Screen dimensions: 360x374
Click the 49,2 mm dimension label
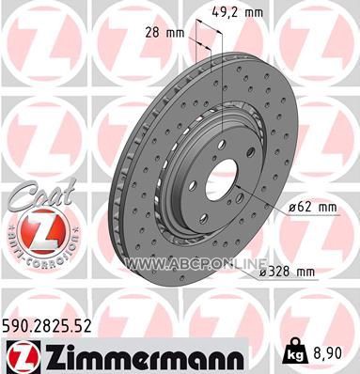[x=237, y=12]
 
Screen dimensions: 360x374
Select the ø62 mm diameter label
[x=313, y=207]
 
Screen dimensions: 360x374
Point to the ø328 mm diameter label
[x=287, y=272]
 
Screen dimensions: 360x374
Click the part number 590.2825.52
[x=47, y=325]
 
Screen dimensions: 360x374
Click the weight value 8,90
[x=327, y=353]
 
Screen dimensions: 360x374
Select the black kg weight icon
[x=294, y=351]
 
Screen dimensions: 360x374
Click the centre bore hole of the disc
[x=221, y=179]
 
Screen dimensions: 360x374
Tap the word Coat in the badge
[x=41, y=194]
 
